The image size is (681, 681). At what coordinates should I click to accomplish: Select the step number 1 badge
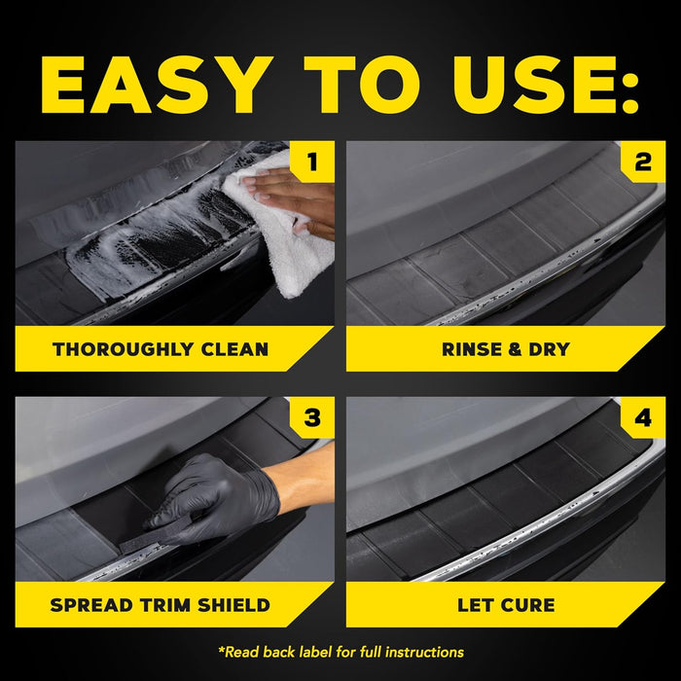pos(311,161)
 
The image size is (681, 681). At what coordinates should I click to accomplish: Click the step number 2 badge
pos(643,161)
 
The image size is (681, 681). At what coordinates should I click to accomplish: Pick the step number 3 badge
pos(311,418)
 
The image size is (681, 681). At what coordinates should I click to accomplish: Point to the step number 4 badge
pos(643,418)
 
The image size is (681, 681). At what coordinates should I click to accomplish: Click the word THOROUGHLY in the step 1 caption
pos(119,349)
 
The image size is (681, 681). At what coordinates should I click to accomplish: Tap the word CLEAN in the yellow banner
pos(234,349)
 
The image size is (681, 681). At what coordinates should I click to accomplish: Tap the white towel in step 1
pos(287,243)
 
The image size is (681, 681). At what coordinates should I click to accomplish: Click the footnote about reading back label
pos(340,652)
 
